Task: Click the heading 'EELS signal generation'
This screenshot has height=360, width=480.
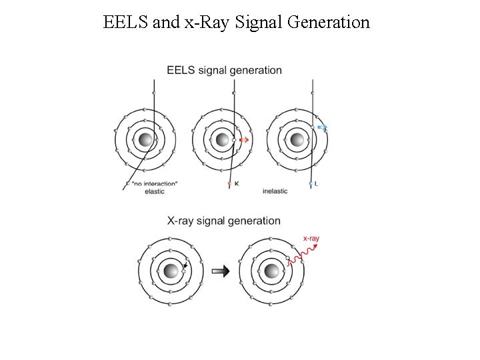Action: coord(224,70)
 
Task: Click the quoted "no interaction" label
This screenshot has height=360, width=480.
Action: coord(155,183)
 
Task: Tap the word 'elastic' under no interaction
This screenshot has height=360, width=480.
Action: coord(155,191)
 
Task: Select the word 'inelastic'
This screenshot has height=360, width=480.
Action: coord(275,191)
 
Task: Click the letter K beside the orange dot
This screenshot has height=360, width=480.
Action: coord(237,183)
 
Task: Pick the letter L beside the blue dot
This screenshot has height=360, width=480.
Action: coord(316,183)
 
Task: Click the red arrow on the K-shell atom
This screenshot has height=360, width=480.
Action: coord(244,140)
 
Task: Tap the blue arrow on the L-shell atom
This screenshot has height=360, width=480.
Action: coord(322,127)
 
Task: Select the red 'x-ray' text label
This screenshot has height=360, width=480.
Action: coord(311,237)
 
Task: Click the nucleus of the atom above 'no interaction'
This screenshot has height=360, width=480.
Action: coord(145,140)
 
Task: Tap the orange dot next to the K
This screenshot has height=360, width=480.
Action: coord(229,183)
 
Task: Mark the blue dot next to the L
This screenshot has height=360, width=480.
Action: coord(310,183)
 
